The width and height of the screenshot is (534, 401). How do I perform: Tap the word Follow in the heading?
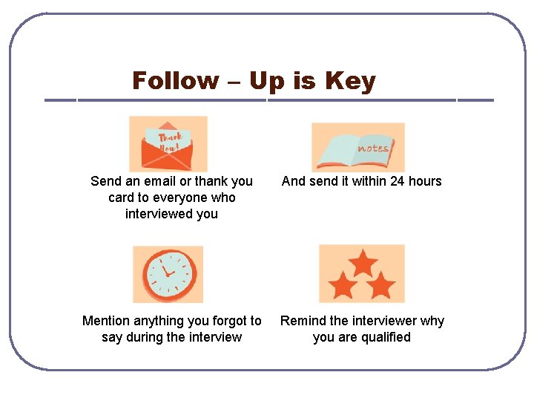(175, 80)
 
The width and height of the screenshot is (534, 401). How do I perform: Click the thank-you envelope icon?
(168, 144)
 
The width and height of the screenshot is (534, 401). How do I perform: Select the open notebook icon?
(358, 147)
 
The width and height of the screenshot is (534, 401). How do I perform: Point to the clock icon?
(168, 274)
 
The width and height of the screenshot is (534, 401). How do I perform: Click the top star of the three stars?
(363, 262)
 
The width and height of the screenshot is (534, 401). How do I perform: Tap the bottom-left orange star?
(343, 285)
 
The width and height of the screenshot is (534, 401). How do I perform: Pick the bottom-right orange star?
(380, 285)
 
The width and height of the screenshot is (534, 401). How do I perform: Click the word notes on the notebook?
(372, 148)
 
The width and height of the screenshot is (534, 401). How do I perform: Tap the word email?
(158, 181)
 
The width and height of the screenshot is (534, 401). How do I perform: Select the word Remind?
(302, 321)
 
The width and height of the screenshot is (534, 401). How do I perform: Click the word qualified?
(385, 337)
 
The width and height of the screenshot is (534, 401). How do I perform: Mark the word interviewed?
(159, 214)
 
